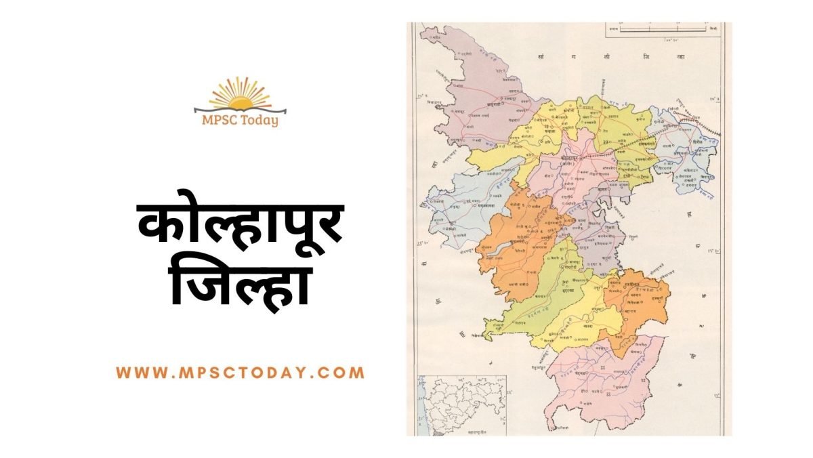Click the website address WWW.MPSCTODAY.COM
point(241,373)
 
